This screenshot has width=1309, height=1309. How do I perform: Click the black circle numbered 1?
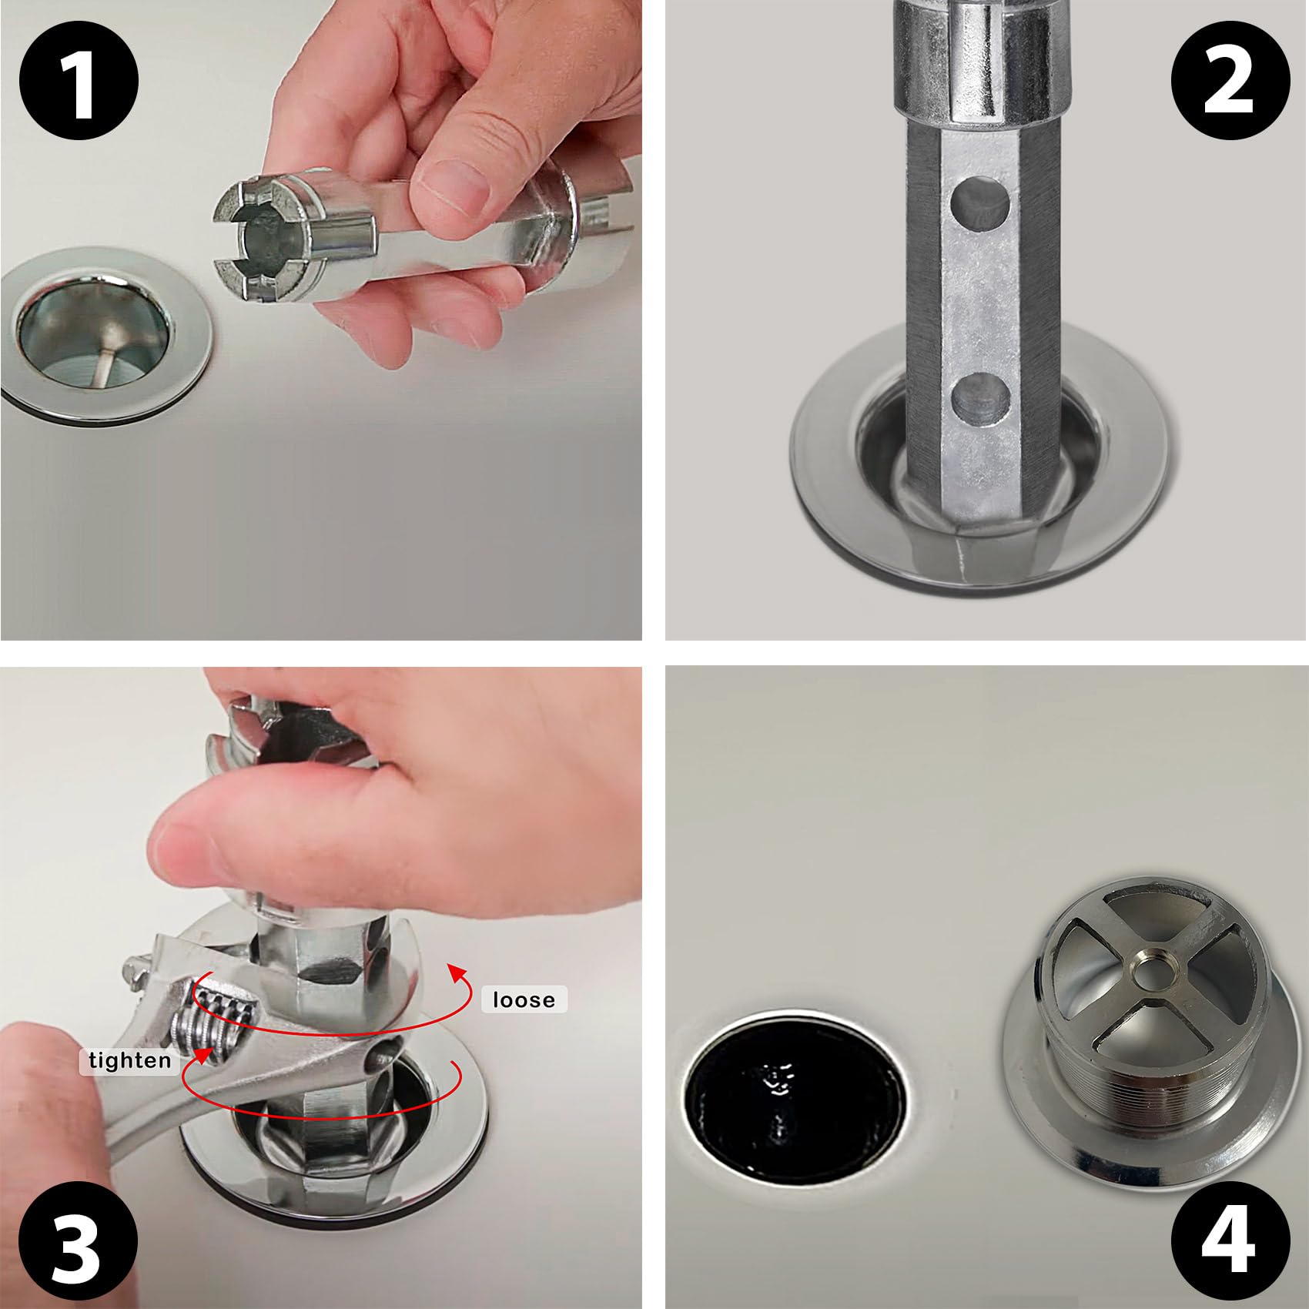tap(79, 80)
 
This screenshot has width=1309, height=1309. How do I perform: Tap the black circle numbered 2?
tap(1230, 80)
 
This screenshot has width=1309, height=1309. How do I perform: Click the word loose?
tap(524, 999)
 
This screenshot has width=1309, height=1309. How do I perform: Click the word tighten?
tap(129, 1060)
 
